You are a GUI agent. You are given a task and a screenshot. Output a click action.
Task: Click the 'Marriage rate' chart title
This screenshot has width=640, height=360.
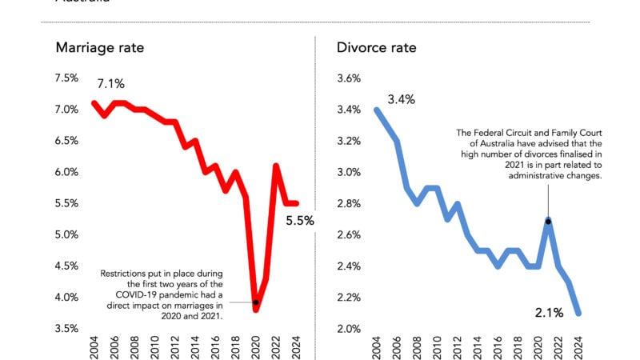tap(99, 48)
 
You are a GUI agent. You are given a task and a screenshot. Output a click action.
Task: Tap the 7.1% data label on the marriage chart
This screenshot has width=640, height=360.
tap(111, 84)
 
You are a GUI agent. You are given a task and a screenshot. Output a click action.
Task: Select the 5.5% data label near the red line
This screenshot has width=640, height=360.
tap(300, 221)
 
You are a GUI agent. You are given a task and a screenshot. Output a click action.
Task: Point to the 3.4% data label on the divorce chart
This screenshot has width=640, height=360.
tap(402, 100)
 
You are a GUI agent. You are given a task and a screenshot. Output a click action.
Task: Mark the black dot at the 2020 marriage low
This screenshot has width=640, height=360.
tap(256, 302)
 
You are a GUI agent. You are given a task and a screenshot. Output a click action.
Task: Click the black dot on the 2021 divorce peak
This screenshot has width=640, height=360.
tap(548, 221)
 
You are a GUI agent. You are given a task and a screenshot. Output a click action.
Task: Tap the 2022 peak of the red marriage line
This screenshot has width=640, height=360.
tap(276, 166)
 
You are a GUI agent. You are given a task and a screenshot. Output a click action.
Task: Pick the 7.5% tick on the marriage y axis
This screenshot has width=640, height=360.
tap(66, 78)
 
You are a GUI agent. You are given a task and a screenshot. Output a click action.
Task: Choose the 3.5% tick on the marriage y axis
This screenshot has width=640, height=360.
tap(66, 328)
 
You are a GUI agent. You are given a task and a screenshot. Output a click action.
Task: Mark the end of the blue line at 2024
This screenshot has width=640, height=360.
tap(578, 313)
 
